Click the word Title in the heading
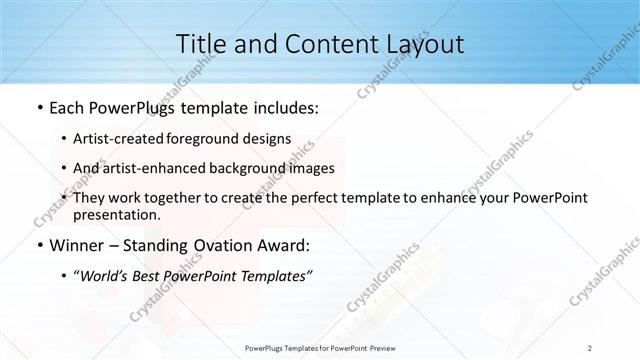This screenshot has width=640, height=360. (x=200, y=45)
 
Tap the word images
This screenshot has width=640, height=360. (x=312, y=168)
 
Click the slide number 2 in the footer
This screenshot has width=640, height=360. (x=589, y=347)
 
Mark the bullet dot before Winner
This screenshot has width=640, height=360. (x=38, y=246)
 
